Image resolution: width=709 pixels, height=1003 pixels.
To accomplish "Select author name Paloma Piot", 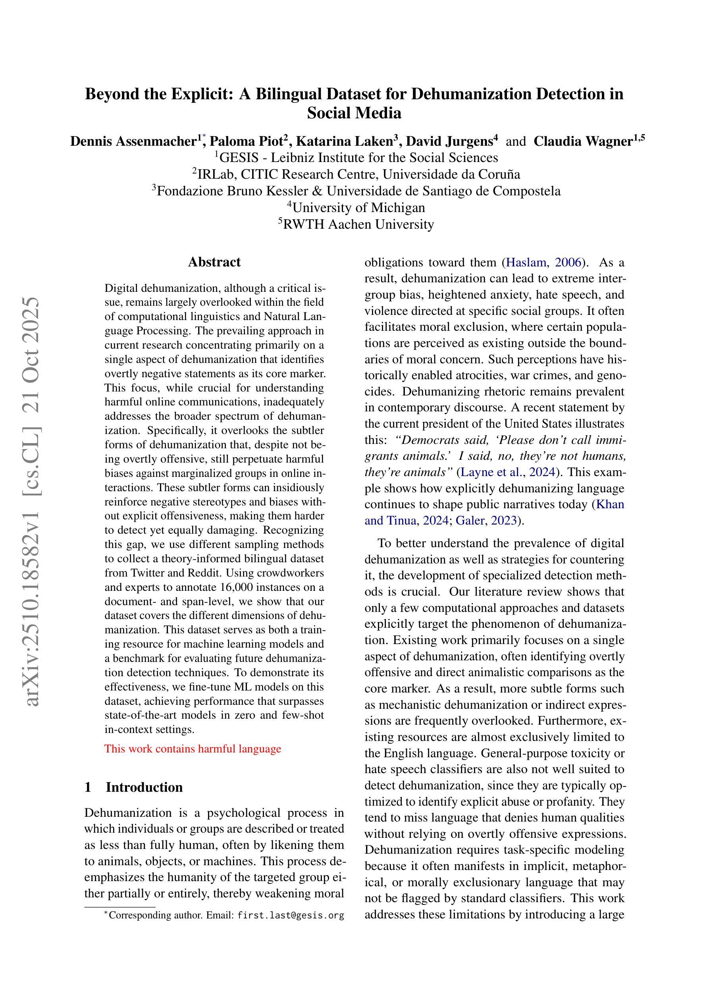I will (247, 141).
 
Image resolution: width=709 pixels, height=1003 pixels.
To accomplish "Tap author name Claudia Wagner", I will (583, 141).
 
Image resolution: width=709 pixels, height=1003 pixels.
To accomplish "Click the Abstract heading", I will (214, 262).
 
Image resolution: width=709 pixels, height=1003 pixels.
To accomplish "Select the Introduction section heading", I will (144, 787).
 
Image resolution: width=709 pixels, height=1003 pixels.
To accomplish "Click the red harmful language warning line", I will (193, 749).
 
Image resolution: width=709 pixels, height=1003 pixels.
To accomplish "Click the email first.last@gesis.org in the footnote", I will (291, 916).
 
